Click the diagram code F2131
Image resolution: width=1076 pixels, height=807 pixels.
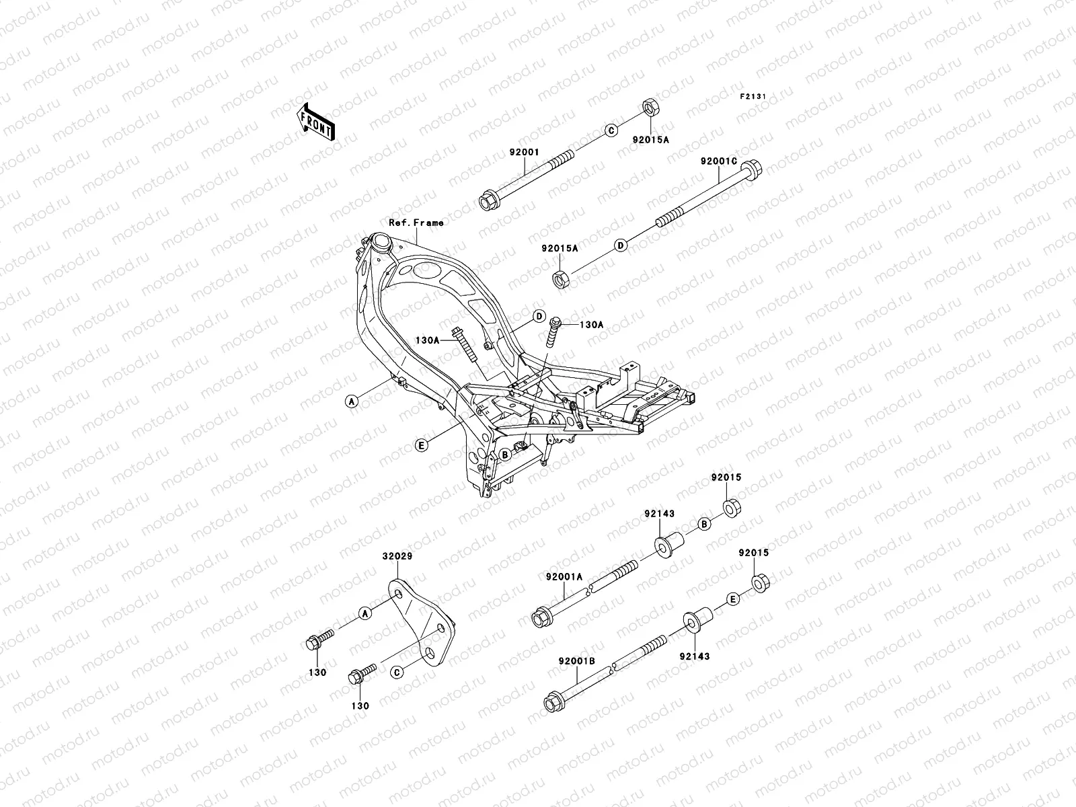pyautogui.click(x=753, y=97)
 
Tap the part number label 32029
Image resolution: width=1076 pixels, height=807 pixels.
pyautogui.click(x=398, y=557)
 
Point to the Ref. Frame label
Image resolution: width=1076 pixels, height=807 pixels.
pyautogui.click(x=416, y=222)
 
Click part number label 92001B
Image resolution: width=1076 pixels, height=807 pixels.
pyautogui.click(x=576, y=660)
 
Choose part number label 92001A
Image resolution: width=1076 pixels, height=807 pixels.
pyautogui.click(x=564, y=576)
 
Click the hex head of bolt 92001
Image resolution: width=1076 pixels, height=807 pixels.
pyautogui.click(x=488, y=201)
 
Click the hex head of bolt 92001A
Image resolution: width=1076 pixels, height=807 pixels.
pyautogui.click(x=541, y=617)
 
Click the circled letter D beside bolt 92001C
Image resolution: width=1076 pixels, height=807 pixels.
pyautogui.click(x=621, y=245)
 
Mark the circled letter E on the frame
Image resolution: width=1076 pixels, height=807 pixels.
pyautogui.click(x=422, y=445)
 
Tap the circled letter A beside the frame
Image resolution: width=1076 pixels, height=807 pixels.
pyautogui.click(x=350, y=401)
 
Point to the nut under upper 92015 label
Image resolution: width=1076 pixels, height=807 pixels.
pyautogui.click(x=732, y=506)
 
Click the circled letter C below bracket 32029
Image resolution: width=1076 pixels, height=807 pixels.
pyautogui.click(x=397, y=672)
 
